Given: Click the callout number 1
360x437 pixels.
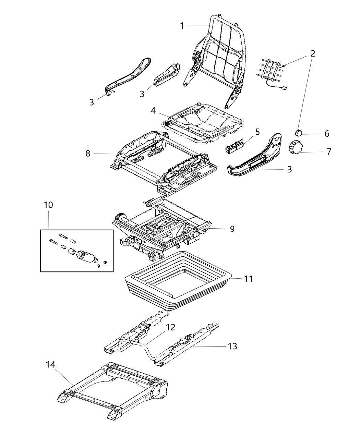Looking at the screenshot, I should click(182, 26).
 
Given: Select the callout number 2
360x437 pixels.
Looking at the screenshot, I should click(312, 53).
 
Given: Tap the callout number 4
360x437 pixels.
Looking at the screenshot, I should click(153, 111).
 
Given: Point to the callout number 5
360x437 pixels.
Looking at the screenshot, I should click(257, 132).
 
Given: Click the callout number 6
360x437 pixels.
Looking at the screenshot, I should click(327, 134).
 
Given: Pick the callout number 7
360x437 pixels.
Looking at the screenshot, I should click(329, 151).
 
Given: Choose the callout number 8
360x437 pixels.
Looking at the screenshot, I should click(88, 154).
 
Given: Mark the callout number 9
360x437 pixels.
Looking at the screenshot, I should click(232, 229).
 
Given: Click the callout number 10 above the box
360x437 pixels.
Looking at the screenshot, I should click(48, 205).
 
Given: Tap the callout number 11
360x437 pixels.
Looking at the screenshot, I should click(248, 279).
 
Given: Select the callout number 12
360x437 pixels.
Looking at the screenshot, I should click(171, 327).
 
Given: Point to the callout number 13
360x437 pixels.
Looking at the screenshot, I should click(232, 347).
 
